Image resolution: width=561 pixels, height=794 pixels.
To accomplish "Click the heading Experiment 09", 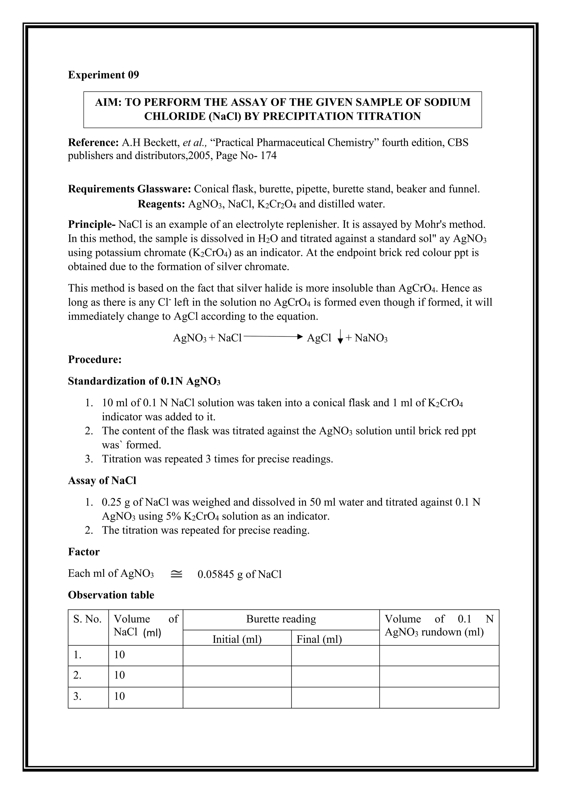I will click(103, 75).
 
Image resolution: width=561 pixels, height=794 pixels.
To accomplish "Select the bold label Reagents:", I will click(161, 204).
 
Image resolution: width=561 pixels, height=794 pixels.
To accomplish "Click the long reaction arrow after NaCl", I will click(273, 336).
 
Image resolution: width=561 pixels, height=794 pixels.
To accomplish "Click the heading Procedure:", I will click(95, 360).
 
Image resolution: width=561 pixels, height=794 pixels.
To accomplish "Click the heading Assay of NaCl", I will click(102, 481).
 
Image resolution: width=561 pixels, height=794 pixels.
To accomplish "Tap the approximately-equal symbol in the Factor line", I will click(176, 574).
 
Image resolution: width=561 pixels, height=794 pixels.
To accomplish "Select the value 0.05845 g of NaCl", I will click(239, 574).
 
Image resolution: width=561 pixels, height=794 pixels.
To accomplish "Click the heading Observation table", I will click(111, 595).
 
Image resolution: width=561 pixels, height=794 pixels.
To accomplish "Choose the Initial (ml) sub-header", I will click(237, 639).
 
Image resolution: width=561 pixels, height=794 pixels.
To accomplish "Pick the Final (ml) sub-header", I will click(319, 639).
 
